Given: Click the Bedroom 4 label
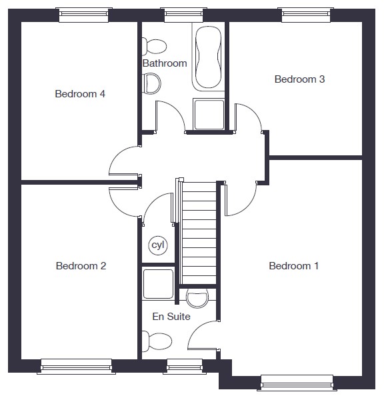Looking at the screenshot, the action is point(80,94).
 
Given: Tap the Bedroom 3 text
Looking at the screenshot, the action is point(299,79).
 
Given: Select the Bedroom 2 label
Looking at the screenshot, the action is point(81,266).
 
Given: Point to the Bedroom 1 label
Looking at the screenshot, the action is point(294,266).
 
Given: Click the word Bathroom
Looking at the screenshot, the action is point(165,63).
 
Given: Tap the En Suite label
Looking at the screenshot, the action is point(171,317).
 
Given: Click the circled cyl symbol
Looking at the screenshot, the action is point(158,245).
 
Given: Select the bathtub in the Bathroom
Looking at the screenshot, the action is point(209,57).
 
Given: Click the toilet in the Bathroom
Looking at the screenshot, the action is point(154,47).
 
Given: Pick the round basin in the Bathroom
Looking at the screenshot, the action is point(151,83).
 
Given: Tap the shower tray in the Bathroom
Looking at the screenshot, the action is point(209,114).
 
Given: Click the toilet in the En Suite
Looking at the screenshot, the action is point(157,341).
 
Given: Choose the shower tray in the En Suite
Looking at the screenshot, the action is point(158,283).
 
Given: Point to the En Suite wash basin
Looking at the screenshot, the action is point(197,298).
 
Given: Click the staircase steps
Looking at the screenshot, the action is point(199,233).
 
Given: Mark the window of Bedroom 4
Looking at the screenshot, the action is point(83,15).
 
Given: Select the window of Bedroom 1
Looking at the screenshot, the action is point(297,383).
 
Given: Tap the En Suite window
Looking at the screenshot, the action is point(185,366).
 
